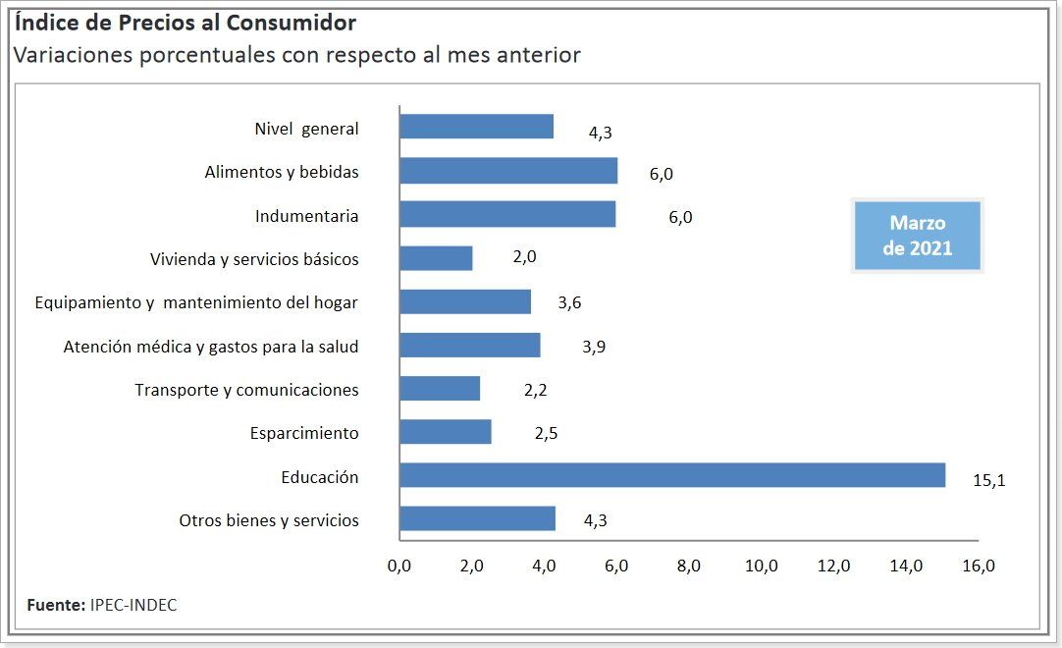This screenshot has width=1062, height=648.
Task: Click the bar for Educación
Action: click(672, 475)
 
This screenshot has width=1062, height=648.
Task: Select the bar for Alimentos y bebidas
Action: click(508, 171)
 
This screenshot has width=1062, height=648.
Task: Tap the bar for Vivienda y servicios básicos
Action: click(436, 258)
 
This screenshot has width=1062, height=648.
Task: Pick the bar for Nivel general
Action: click(476, 127)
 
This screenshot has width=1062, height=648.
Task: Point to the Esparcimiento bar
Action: click(446, 432)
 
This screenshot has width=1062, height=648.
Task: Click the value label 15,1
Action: click(989, 480)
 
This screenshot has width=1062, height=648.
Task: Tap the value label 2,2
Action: click(535, 390)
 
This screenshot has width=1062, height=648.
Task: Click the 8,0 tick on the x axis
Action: click(689, 567)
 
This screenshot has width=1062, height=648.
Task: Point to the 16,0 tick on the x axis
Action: click(979, 567)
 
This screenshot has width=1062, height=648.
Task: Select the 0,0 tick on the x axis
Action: click(399, 567)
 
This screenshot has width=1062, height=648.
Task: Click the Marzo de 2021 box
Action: click(917, 236)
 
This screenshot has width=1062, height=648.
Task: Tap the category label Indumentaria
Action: click(306, 216)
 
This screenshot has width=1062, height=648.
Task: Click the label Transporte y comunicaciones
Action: click(246, 390)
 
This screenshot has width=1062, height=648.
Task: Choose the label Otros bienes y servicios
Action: click(268, 520)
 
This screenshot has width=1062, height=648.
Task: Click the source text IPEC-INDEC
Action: click(133, 605)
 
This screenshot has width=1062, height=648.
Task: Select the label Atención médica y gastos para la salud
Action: click(210, 346)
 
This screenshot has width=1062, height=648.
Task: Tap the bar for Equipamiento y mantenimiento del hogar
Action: click(465, 301)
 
